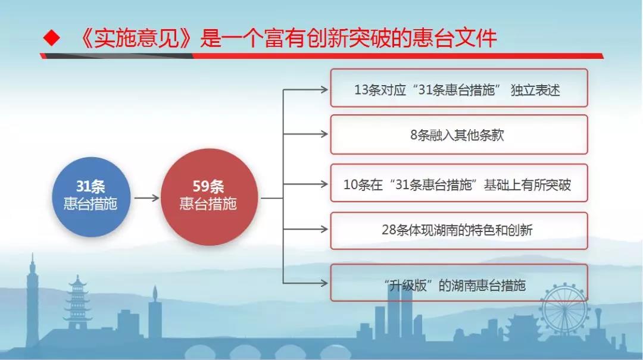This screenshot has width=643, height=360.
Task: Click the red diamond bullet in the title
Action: pos(52,38)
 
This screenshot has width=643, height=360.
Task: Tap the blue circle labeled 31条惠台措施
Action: pos(91,197)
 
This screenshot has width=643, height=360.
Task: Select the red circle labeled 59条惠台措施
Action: pos(209,197)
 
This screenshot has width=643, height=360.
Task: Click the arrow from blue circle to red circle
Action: pos(146,198)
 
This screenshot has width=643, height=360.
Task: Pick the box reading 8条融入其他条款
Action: pos(459,134)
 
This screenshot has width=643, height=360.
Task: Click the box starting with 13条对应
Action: pos(459,88)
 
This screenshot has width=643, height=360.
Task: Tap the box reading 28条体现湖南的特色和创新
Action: pos(459,230)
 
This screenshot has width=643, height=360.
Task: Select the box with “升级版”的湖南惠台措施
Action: pos(459,283)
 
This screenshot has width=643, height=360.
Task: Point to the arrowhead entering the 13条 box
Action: pos(324,89)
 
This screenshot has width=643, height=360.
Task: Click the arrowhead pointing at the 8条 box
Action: pos(324,134)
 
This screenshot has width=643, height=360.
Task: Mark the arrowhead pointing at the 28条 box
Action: pos(324,229)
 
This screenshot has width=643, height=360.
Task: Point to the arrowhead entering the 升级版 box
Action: pos(324,283)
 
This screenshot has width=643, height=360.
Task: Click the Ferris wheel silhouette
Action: pos(564,308)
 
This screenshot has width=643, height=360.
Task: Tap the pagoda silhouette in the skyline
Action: pos(77,303)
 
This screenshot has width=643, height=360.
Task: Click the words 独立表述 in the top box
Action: pos(535,90)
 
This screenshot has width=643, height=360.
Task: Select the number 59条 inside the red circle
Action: pos(208,187)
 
